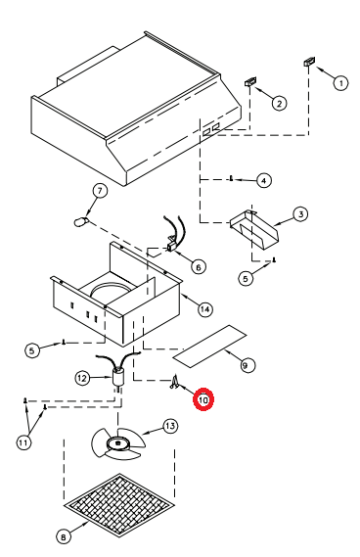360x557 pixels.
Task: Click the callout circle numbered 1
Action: pos(340,83)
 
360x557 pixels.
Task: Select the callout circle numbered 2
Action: pos(279,104)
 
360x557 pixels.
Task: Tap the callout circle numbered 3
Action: pos(300,214)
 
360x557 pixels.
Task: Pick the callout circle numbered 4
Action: pos(263,180)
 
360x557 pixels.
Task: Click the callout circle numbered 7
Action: pos(100,191)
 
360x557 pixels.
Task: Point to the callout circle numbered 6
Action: pos(199,266)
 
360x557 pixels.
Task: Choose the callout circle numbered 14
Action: pos(205,309)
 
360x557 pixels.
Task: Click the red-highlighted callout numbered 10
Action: pos(203,399)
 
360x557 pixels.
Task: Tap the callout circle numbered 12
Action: pos(82,378)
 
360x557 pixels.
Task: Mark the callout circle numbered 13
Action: pos(170,426)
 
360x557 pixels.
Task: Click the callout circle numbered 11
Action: pos(23,442)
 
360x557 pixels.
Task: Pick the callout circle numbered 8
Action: pos(64,536)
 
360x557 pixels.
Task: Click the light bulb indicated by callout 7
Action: pos(81,221)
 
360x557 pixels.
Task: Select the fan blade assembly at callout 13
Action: pos(118,443)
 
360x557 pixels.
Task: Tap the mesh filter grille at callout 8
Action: pos(119,502)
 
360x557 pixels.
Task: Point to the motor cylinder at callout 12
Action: pos(118,377)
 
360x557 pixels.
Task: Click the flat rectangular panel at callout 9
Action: pos(209,346)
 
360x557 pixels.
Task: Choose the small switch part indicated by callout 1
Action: pos(309,62)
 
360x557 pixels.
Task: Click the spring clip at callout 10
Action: pos(174,382)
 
